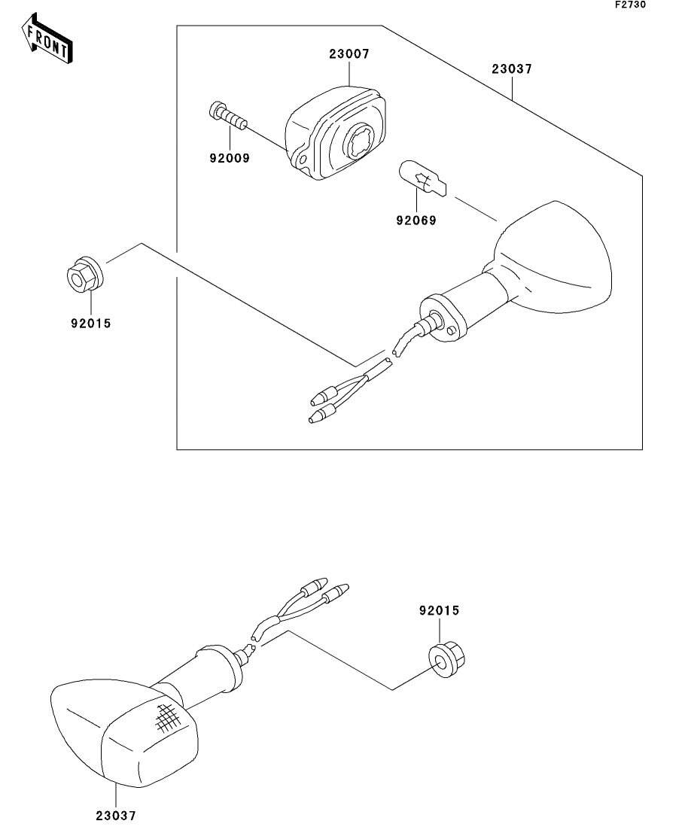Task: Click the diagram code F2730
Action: click(629, 5)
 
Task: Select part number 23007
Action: click(349, 54)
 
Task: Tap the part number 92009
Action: click(230, 158)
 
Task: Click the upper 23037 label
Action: click(512, 68)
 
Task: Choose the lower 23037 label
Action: click(116, 814)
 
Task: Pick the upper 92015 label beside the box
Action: click(90, 325)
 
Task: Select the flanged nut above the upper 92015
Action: click(83, 275)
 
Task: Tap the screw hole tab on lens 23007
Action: click(302, 160)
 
